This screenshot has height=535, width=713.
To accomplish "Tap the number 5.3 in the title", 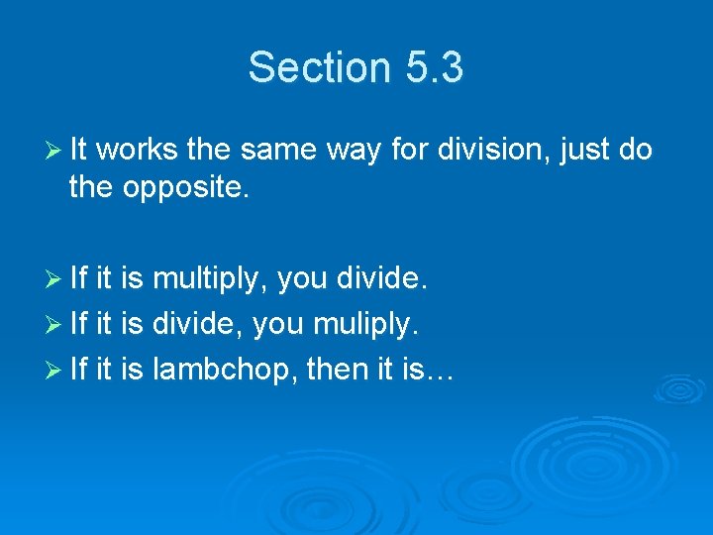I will point(434,68).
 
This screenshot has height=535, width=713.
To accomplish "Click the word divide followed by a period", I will point(383,281).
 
